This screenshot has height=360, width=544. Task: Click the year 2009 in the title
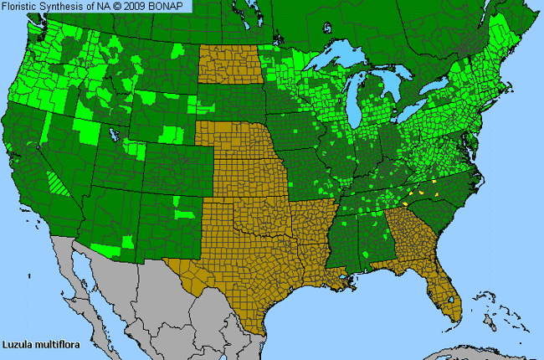pyautogui.click(x=139, y=7)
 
